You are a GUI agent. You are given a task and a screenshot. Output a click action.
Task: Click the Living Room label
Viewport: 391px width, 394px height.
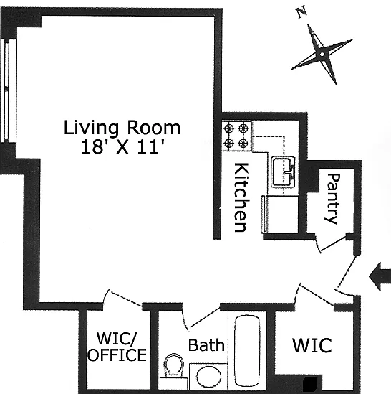122,128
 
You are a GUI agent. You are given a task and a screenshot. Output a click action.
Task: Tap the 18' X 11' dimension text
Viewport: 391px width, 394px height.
122,146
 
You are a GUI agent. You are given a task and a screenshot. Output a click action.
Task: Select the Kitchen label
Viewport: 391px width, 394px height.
241,197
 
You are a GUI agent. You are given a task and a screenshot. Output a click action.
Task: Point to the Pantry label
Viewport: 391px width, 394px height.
334,199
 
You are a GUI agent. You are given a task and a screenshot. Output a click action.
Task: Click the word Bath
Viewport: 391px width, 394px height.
206,345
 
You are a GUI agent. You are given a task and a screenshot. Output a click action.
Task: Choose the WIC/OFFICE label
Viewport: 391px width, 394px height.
117,347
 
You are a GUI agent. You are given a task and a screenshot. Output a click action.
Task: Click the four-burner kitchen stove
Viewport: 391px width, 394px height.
236,136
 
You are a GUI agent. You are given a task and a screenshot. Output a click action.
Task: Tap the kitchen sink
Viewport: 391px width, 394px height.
283,172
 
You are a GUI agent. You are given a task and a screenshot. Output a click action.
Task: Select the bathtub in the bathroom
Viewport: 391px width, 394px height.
247,350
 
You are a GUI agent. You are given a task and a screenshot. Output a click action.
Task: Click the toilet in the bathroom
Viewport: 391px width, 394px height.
173,367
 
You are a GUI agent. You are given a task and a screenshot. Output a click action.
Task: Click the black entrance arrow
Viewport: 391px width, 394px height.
380,276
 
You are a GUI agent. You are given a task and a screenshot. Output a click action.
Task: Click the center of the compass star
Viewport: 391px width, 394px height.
322,55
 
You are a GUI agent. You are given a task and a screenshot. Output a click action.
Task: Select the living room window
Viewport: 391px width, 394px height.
9,90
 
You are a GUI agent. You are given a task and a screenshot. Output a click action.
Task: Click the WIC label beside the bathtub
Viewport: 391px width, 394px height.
312,345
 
